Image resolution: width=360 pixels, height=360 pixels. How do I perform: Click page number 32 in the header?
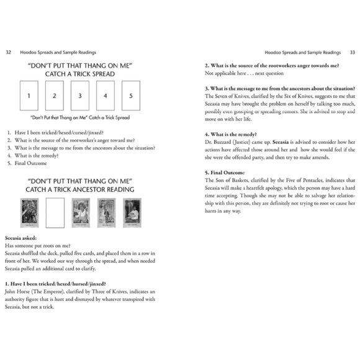(8, 52)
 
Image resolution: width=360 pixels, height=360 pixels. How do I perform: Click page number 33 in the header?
(351, 52)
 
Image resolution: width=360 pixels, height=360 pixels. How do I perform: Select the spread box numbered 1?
(29, 96)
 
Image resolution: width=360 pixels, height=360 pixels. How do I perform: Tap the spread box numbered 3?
(80, 96)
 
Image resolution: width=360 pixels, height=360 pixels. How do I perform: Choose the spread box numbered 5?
(130, 96)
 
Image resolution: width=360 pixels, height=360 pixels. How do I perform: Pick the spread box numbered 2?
(55, 96)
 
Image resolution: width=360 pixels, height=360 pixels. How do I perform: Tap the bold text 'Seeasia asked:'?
(21, 238)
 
